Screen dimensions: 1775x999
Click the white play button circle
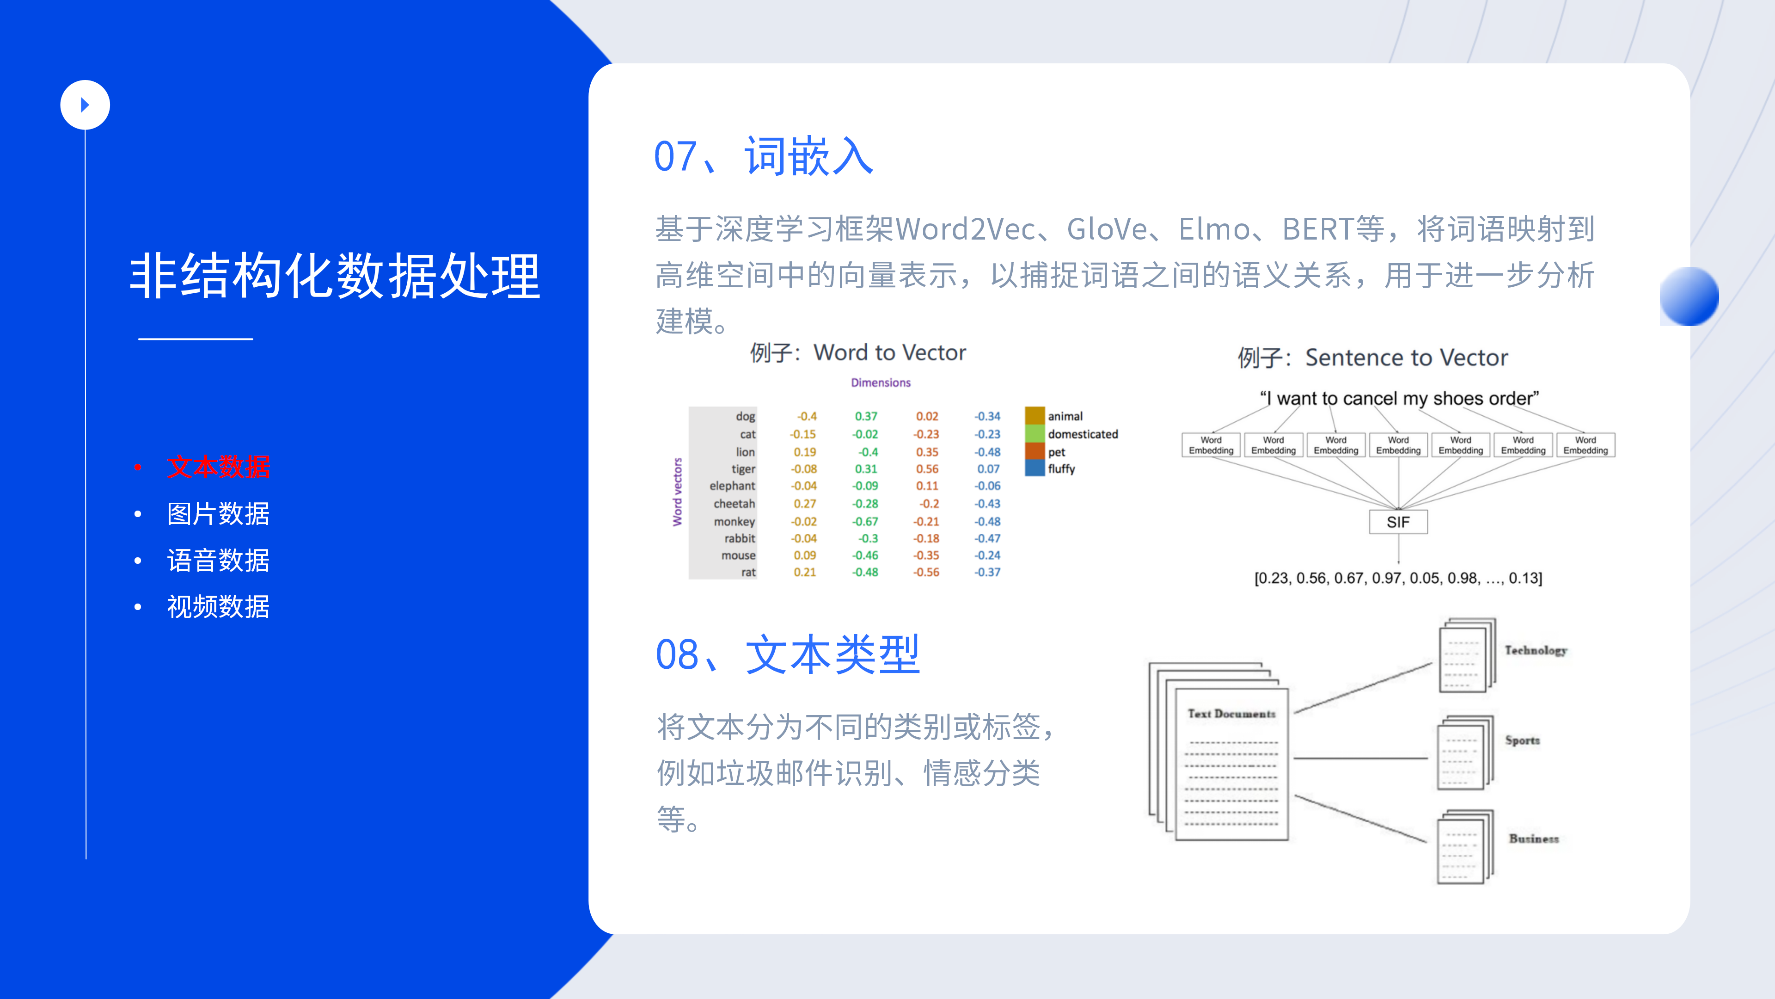tap(85, 105)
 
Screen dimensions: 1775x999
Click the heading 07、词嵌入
tap(764, 156)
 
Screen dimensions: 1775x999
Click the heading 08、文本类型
tap(788, 654)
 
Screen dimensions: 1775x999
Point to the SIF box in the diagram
tap(1398, 522)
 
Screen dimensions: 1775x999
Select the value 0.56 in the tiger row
tap(927, 469)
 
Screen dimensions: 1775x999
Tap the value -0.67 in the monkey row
tap(865, 522)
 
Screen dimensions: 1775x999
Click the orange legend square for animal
tap(1035, 416)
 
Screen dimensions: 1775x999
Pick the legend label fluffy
tap(1061, 469)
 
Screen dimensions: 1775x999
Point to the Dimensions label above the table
tap(881, 382)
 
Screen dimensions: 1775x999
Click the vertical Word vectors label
tap(677, 492)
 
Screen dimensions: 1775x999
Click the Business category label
tap(1534, 839)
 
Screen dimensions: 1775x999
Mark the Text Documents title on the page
tap(1231, 714)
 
